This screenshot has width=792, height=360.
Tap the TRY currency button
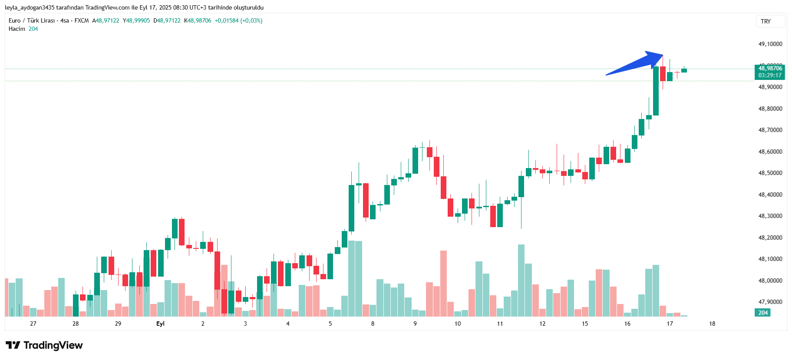766,21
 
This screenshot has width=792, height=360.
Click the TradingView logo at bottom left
44,345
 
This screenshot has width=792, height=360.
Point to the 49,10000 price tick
770,44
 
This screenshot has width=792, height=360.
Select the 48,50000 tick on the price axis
770,173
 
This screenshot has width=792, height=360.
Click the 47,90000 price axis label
770,302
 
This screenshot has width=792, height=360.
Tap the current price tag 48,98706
770,68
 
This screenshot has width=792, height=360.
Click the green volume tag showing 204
763,313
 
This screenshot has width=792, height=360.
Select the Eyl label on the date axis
160,324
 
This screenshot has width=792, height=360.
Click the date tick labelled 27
33,324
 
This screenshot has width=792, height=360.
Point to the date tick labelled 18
712,324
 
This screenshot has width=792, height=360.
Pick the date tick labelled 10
458,324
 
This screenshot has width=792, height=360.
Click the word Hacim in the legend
17,29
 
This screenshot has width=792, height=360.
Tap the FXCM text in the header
82,20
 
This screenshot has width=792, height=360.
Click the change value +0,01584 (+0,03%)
238,20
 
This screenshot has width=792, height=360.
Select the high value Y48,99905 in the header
136,20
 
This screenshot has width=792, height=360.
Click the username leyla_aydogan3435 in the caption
30,7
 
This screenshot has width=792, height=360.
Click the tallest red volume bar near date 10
443,283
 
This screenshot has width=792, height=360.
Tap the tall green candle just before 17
656,91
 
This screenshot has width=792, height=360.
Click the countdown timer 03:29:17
770,75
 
